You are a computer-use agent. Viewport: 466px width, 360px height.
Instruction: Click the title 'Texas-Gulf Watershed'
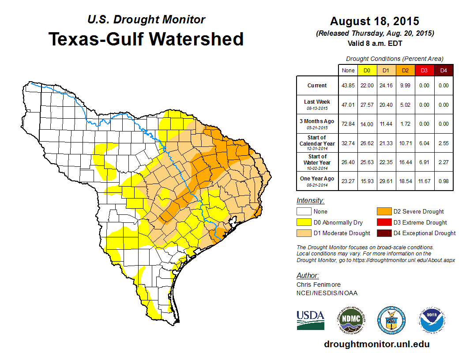click(x=146, y=39)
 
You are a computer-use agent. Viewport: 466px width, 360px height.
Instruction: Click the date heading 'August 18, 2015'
click(x=374, y=21)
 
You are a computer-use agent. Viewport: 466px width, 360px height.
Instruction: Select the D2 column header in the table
click(x=405, y=70)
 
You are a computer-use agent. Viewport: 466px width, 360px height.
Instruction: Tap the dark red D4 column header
click(x=443, y=70)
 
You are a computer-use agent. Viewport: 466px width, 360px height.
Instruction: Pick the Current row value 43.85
click(x=348, y=86)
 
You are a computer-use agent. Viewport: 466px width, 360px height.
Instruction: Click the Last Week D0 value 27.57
click(x=367, y=105)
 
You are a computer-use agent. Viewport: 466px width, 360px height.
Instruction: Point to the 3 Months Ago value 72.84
click(x=348, y=124)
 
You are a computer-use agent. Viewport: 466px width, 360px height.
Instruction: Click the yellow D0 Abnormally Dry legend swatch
click(x=304, y=222)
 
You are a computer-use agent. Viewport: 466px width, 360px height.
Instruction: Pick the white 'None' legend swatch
click(x=304, y=212)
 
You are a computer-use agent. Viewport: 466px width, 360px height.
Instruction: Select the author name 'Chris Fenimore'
click(x=319, y=285)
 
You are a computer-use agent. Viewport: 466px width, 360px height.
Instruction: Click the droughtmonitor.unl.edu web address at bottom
click(x=376, y=344)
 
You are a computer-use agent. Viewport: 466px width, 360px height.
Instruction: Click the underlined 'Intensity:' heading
click(x=310, y=201)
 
